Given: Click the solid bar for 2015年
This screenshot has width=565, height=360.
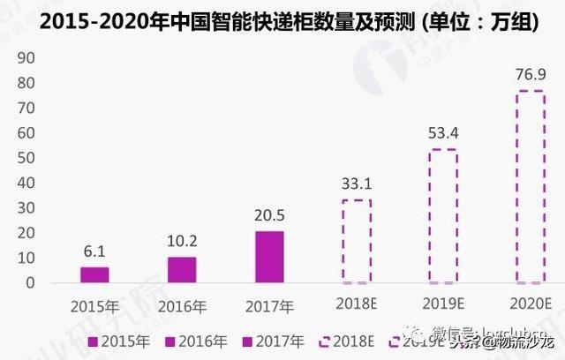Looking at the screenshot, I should [x=94, y=274].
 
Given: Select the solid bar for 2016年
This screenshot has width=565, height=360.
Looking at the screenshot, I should [x=182, y=270].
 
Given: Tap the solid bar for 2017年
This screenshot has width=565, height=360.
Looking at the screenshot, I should [x=269, y=257].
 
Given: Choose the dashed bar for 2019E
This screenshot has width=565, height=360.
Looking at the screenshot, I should [x=443, y=216].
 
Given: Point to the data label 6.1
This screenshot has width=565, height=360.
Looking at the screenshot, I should [x=94, y=251].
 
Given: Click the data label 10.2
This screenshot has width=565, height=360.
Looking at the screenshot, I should [x=182, y=241].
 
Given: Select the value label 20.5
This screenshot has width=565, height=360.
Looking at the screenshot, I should [x=269, y=215].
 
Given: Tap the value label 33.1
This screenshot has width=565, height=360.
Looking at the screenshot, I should [x=357, y=184].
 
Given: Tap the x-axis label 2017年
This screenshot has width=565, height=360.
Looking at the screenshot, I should [x=269, y=305].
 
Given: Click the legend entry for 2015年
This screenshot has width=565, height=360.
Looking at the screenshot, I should [x=111, y=339].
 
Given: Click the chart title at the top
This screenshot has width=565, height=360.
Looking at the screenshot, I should [x=282, y=19].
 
